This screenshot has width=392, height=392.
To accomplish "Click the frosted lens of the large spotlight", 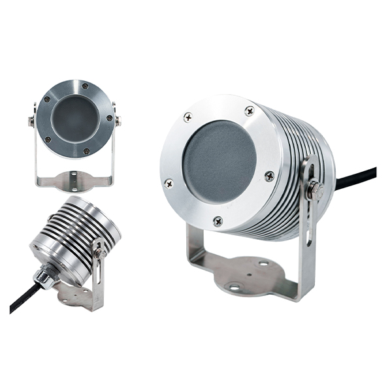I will point(220,161).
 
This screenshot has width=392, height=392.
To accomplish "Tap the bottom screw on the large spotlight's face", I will point(218,221).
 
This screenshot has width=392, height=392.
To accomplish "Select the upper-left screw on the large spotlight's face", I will point(188,118).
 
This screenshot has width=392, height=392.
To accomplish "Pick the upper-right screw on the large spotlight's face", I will point(249,111).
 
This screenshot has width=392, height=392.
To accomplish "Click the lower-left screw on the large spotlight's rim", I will point(169,184).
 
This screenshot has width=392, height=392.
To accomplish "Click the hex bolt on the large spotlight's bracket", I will point(316,190).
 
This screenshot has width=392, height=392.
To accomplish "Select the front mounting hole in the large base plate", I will point(233,286).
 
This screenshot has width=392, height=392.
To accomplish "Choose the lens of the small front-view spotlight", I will point(75,118).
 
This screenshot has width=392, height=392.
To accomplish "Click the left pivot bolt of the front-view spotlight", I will point(31,121).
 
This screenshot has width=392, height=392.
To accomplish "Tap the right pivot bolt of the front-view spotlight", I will point(118,120).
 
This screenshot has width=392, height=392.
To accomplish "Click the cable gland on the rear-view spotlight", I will point(46,278).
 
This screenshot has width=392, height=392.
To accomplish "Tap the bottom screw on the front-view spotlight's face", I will point(86,151).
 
